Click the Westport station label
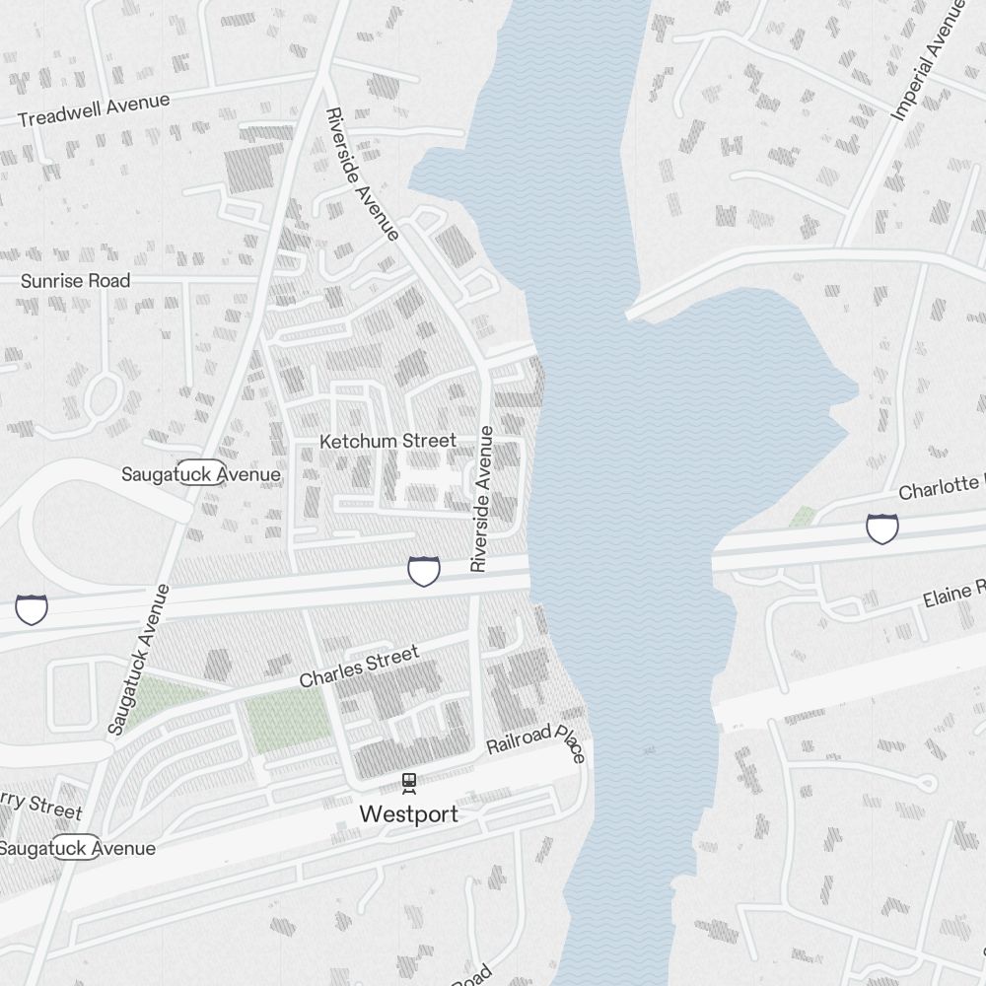[x=408, y=814]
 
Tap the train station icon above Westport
[x=408, y=783]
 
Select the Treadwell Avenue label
[x=94, y=109]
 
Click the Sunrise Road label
[x=75, y=281]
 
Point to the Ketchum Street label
[x=387, y=441]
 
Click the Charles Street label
[x=359, y=666]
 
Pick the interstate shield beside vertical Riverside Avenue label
[x=424, y=570]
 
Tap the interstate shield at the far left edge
[x=31, y=608]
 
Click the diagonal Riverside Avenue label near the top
[x=362, y=174]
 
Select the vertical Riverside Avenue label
[x=480, y=499]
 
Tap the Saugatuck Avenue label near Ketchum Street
[x=201, y=474]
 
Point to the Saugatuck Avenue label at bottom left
[x=77, y=848]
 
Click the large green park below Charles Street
[x=287, y=718]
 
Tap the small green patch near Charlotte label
[x=803, y=516]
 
